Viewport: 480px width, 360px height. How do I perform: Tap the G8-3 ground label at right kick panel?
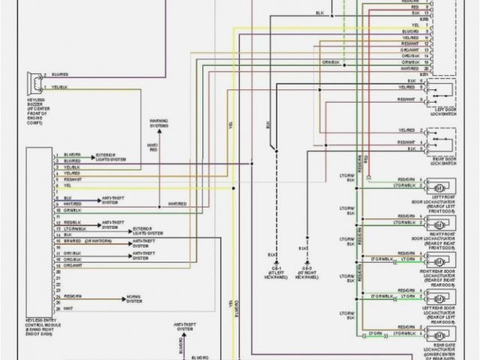coord(306,270)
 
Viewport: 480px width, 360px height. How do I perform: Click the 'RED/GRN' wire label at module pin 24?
coord(73,295)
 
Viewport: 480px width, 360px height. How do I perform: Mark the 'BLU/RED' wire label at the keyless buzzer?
coord(61,75)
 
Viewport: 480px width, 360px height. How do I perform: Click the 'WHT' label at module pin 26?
coord(67,307)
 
